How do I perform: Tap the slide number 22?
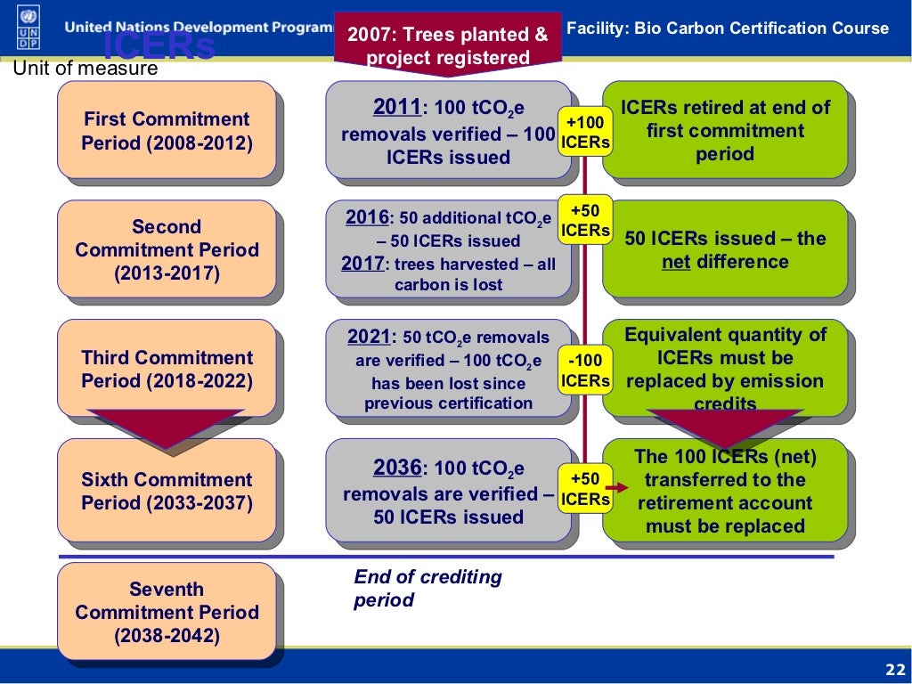pos(892,670)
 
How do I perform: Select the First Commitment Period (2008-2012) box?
pos(167,130)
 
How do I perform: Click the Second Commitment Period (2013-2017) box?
pos(167,249)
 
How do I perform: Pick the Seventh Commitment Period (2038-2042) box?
pos(167,612)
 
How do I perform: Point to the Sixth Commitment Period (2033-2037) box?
pos(167,491)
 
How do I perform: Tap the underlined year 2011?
pos(396,108)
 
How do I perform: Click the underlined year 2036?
pos(396,469)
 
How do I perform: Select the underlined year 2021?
pos(369,337)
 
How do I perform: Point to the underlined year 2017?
pos(363,264)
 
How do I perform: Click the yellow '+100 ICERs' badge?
pos(585,132)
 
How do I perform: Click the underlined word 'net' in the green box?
pos(676,262)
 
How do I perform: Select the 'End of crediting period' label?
pos(427,588)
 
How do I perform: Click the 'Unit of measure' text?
pos(85,69)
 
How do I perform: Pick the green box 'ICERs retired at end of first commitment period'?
pos(725,130)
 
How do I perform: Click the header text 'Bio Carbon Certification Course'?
pos(761,28)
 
